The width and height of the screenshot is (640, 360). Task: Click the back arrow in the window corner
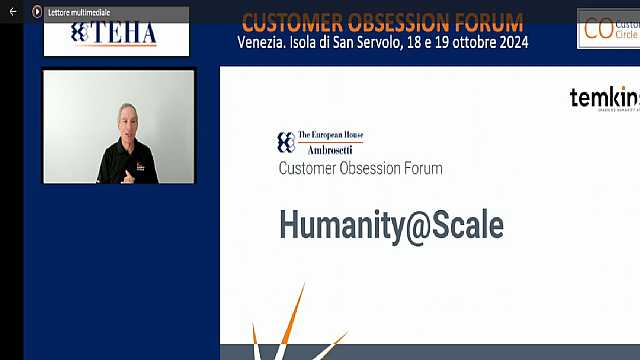point(13,11)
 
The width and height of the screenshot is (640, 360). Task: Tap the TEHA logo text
point(114,34)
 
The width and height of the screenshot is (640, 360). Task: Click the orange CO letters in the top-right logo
point(598,28)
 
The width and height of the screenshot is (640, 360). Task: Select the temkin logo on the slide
point(604,98)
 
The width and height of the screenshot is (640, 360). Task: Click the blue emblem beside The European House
point(285,142)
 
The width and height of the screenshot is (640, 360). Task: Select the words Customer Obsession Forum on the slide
point(360,168)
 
